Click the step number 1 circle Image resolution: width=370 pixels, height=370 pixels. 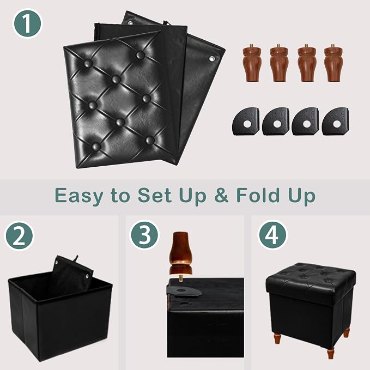point(27,23)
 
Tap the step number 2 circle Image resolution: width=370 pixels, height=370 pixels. point(20,236)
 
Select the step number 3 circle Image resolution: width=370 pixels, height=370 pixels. point(144,234)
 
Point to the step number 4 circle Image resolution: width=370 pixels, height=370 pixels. point(272,234)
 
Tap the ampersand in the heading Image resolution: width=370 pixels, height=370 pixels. point(221,196)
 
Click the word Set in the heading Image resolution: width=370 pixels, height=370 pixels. point(155,196)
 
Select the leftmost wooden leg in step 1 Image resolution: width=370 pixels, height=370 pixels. point(252,63)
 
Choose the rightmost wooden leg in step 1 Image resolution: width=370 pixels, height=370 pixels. point(333,63)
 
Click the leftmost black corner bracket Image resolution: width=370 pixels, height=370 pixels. point(246,122)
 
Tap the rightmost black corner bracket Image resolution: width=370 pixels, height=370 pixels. point(336,122)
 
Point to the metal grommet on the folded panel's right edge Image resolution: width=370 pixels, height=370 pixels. point(211,58)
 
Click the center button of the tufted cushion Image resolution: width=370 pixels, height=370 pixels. point(116,79)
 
